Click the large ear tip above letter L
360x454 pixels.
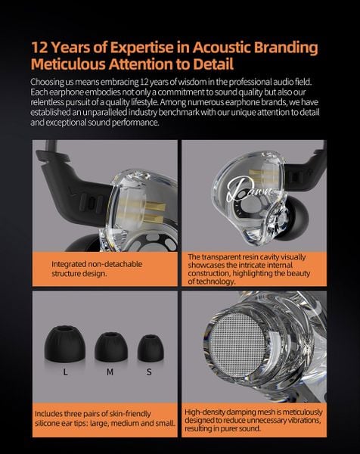click(64, 344)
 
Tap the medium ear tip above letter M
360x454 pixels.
click(111, 347)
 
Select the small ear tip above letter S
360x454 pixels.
click(151, 348)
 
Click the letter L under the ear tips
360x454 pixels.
click(65, 372)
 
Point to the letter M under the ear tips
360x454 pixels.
click(110, 372)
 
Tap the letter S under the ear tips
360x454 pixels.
click(149, 372)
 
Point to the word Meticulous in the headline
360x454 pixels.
click(68, 64)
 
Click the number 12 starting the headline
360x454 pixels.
click(39, 48)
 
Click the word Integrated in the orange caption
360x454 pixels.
click(69, 264)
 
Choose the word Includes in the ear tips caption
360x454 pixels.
click(48, 413)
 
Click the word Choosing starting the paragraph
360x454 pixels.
click(47, 82)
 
